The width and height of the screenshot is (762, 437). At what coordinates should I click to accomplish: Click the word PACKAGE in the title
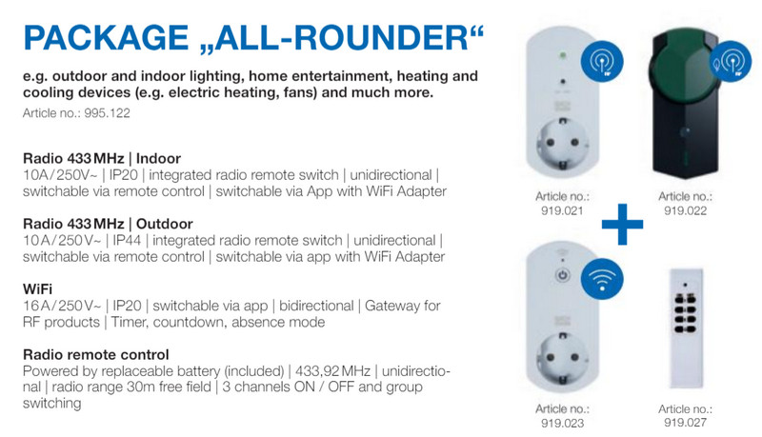coord(106,37)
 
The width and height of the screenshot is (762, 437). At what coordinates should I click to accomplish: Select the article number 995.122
coord(107,113)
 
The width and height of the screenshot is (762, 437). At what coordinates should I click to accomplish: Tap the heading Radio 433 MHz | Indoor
coord(102,158)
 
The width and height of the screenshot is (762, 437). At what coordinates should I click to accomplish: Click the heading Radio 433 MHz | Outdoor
coord(108,224)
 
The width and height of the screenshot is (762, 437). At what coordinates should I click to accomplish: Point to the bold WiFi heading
coord(37,288)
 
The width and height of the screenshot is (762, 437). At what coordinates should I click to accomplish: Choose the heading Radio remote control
coord(96,354)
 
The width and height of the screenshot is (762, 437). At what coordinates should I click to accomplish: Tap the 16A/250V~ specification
coord(62,306)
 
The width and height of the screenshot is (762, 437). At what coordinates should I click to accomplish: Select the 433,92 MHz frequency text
coord(332,371)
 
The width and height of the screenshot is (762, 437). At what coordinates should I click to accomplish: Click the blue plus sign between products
coord(623,224)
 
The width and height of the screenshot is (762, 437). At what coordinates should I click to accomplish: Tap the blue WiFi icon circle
coord(602,279)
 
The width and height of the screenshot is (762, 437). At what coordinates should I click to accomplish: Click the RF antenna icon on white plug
coord(602,62)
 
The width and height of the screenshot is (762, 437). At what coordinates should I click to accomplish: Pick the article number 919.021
coord(562,210)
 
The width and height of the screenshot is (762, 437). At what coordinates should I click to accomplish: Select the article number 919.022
coord(685,210)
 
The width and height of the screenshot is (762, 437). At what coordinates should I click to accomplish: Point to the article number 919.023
coord(562,423)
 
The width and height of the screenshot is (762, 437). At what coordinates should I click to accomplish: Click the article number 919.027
coord(685,423)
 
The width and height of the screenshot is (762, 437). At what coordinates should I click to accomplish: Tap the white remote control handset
coord(685,328)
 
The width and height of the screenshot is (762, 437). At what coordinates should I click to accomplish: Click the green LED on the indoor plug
coord(563,55)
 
